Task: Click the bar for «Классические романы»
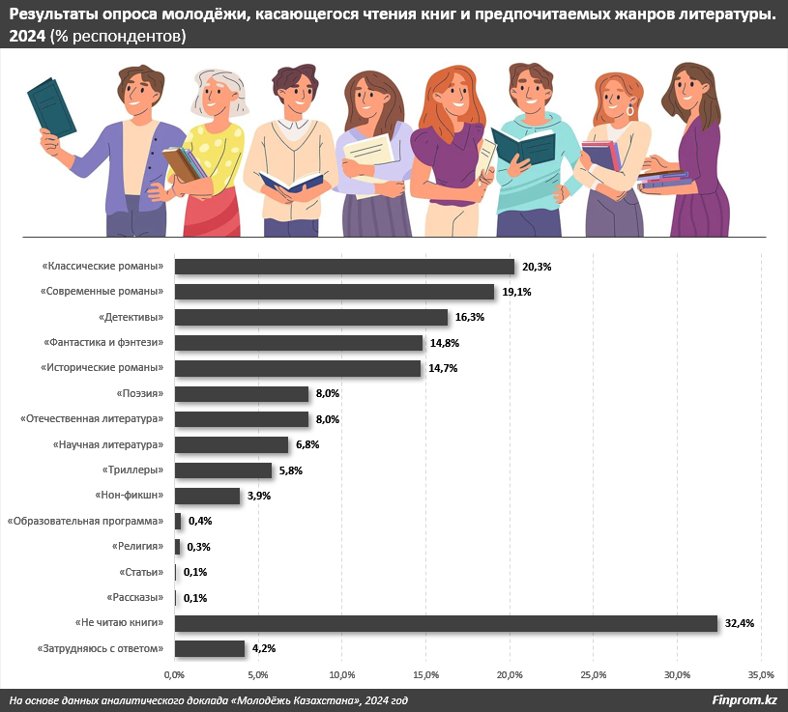(344, 267)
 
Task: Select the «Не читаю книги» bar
(446, 623)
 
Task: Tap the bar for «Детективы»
(311, 317)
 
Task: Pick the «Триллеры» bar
(223, 470)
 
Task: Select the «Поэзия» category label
(139, 393)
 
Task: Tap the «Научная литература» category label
(107, 444)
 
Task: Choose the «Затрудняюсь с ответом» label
(101, 648)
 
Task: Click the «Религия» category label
(137, 547)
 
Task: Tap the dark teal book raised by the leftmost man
(51, 105)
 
